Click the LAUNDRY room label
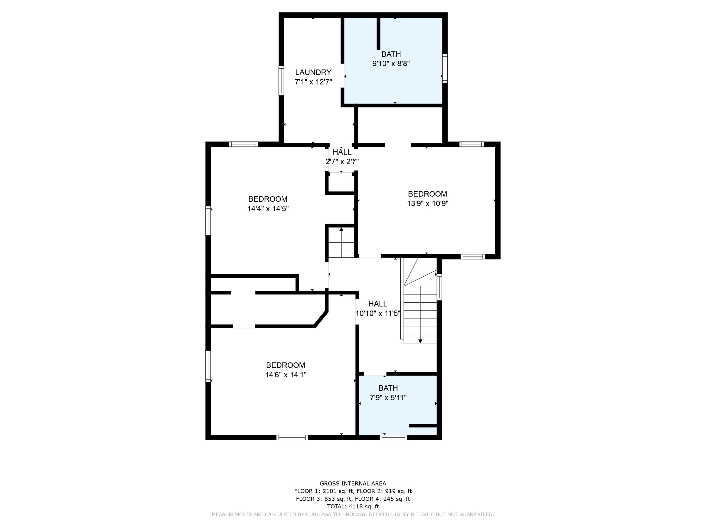pos(313,72)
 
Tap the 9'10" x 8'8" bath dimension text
pos(391,63)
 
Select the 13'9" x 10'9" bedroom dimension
pos(427,203)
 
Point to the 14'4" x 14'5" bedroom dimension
pos(268,209)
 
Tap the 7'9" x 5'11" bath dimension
pos(388,398)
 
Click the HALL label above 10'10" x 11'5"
pos(377,304)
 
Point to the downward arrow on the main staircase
pos(420,341)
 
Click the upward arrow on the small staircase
pos(341,229)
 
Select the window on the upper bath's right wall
pos(445,69)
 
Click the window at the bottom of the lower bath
pos(393,438)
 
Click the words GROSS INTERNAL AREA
pos(353,483)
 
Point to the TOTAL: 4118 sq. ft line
pos(353,506)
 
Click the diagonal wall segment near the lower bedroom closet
pos(321,319)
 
